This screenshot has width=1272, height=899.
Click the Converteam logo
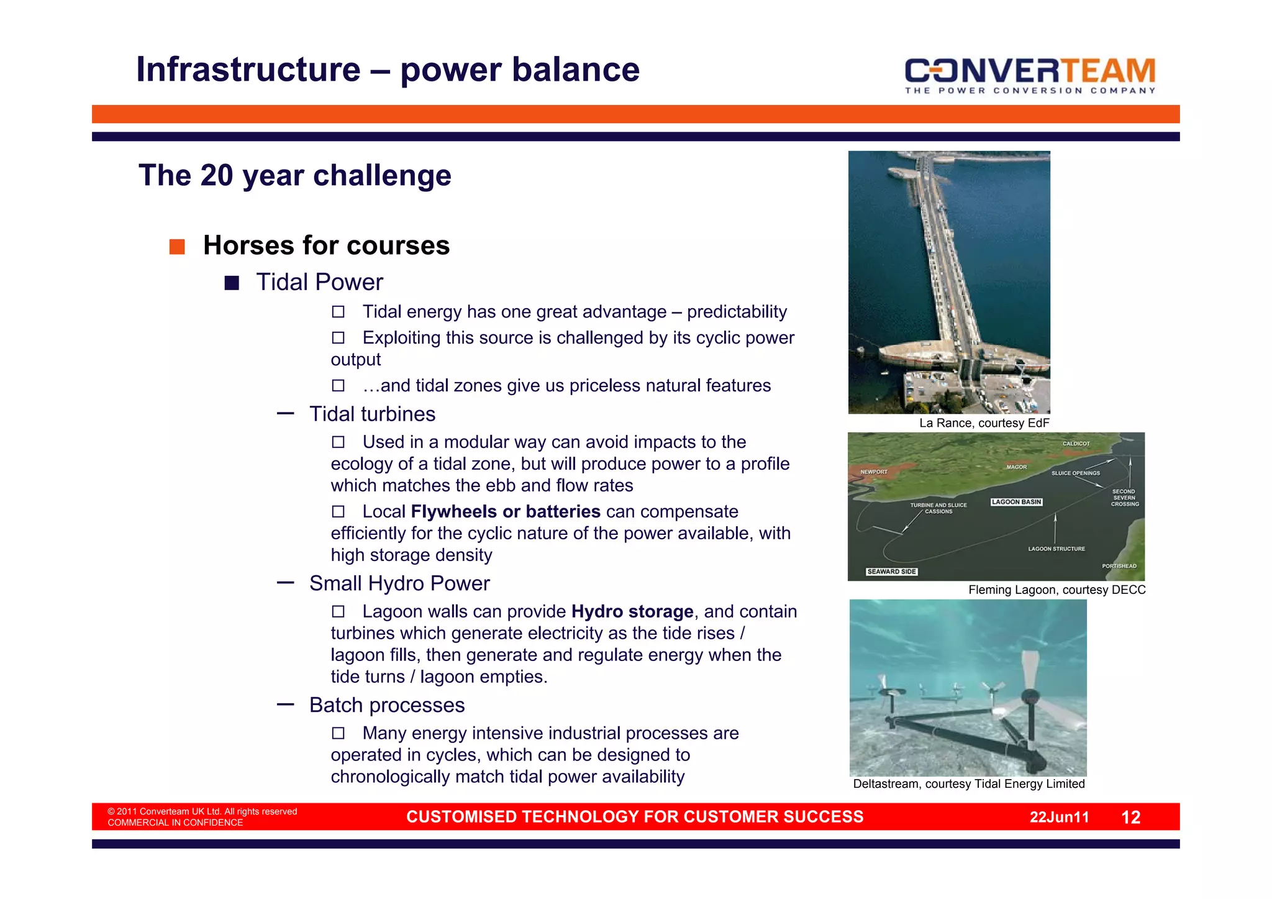pyautogui.click(x=1030, y=75)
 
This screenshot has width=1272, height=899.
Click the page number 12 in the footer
pyautogui.click(x=1130, y=817)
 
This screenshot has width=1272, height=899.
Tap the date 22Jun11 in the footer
pyautogui.click(x=1059, y=817)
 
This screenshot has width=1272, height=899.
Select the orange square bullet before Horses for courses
pyautogui.click(x=177, y=247)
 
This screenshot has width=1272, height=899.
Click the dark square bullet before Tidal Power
pyautogui.click(x=232, y=283)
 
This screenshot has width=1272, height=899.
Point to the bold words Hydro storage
pyautogui.click(x=632, y=611)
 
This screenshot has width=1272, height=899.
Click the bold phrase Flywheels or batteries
pyautogui.click(x=505, y=511)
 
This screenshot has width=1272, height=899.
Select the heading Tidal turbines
pyautogui.click(x=372, y=414)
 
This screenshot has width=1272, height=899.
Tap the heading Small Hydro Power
pyautogui.click(x=399, y=583)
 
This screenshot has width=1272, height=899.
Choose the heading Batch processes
pyautogui.click(x=387, y=705)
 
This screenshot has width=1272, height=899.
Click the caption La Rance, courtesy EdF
pyautogui.click(x=984, y=423)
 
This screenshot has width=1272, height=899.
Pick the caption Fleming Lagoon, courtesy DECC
pyautogui.click(x=1056, y=590)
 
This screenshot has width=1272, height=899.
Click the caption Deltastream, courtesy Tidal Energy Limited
pyautogui.click(x=968, y=784)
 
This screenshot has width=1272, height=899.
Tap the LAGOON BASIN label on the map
pyautogui.click(x=1016, y=502)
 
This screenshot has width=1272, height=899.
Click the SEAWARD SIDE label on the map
pyautogui.click(x=891, y=572)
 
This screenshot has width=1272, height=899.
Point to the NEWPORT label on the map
pyautogui.click(x=873, y=472)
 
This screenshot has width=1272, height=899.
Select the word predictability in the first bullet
pyautogui.click(x=737, y=311)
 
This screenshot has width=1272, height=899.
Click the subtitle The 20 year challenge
pyautogui.click(x=294, y=175)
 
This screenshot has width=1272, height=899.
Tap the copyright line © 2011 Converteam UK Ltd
pyautogui.click(x=202, y=811)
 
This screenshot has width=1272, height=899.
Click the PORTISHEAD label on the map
pyautogui.click(x=1119, y=566)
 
